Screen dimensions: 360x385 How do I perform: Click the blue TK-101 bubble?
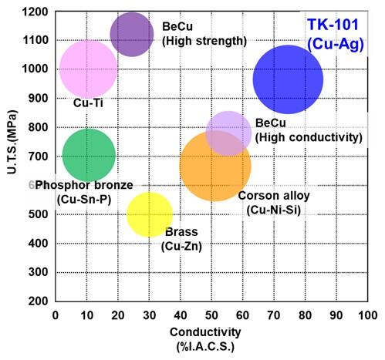[288, 79]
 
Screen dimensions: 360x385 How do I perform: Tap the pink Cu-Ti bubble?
[88, 68]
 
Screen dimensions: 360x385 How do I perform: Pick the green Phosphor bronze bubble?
[88, 155]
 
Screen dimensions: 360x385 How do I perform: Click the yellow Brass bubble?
[149, 214]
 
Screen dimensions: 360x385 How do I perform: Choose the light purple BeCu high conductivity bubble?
[229, 132]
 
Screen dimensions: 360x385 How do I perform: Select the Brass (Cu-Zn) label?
[182, 239]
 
